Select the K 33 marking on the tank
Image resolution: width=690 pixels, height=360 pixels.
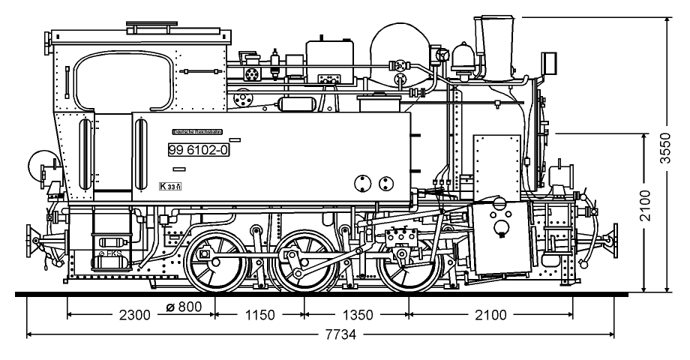point(171,186)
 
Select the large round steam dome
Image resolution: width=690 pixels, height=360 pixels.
point(400,52)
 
